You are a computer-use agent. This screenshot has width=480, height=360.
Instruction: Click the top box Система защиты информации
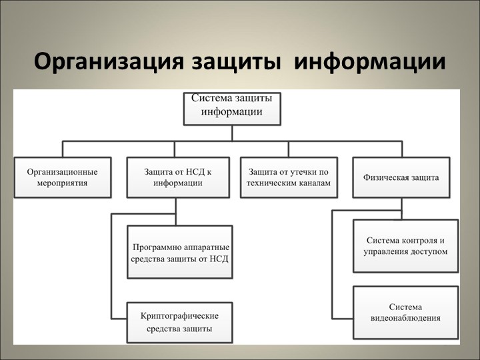tap(232, 107)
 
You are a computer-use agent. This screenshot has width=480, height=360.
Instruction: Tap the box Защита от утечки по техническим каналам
tap(289, 177)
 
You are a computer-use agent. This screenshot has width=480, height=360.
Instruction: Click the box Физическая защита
tap(401, 177)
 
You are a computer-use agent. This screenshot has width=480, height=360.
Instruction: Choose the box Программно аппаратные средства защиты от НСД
tap(180, 251)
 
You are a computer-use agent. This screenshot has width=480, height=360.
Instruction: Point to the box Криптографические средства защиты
tap(180, 321)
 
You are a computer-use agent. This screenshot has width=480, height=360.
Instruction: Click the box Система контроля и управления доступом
tap(405, 245)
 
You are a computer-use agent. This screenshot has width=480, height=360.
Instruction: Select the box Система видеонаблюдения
tap(405, 312)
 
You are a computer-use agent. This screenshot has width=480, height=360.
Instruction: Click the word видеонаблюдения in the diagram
tap(405, 318)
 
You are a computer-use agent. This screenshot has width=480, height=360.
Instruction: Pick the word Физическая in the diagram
tap(385, 178)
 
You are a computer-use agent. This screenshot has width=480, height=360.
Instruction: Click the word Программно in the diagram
tap(155, 245)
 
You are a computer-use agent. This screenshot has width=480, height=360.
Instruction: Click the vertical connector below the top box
tap(232, 133)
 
